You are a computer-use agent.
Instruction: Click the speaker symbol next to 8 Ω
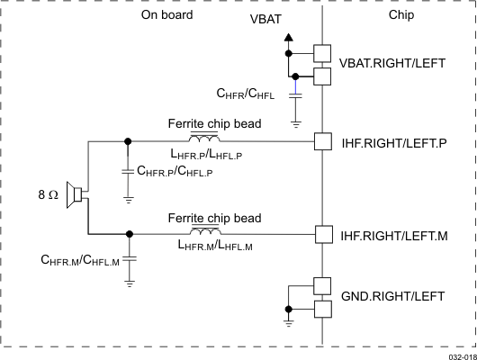tap(79, 193)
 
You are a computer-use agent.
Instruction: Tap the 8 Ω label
tap(46, 193)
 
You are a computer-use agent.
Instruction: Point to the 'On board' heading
tap(167, 15)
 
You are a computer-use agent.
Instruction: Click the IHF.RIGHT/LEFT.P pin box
tap(323, 141)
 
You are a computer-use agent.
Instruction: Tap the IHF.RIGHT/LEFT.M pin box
tap(323, 234)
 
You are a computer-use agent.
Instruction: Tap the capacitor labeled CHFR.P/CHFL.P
tap(128, 169)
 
